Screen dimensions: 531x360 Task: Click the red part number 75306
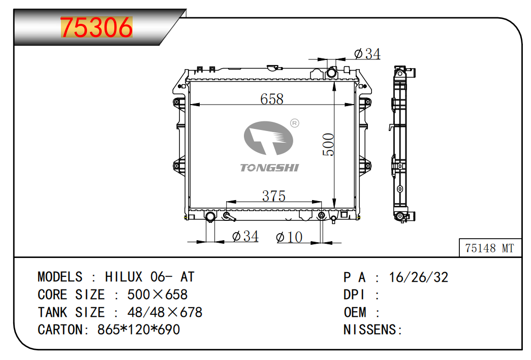point(97,27)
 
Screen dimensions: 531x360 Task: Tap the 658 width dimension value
point(271,99)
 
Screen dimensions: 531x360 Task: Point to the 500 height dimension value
point(328,145)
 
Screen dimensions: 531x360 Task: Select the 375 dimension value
point(273,196)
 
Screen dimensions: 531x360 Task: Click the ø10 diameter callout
point(289,237)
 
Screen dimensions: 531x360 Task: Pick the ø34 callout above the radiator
point(367,54)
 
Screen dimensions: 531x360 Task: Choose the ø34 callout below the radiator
point(245,236)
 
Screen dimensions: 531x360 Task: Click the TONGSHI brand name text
point(269,168)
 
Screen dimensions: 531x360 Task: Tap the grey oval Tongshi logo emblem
point(268,138)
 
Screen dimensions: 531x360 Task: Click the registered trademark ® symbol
point(295,123)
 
